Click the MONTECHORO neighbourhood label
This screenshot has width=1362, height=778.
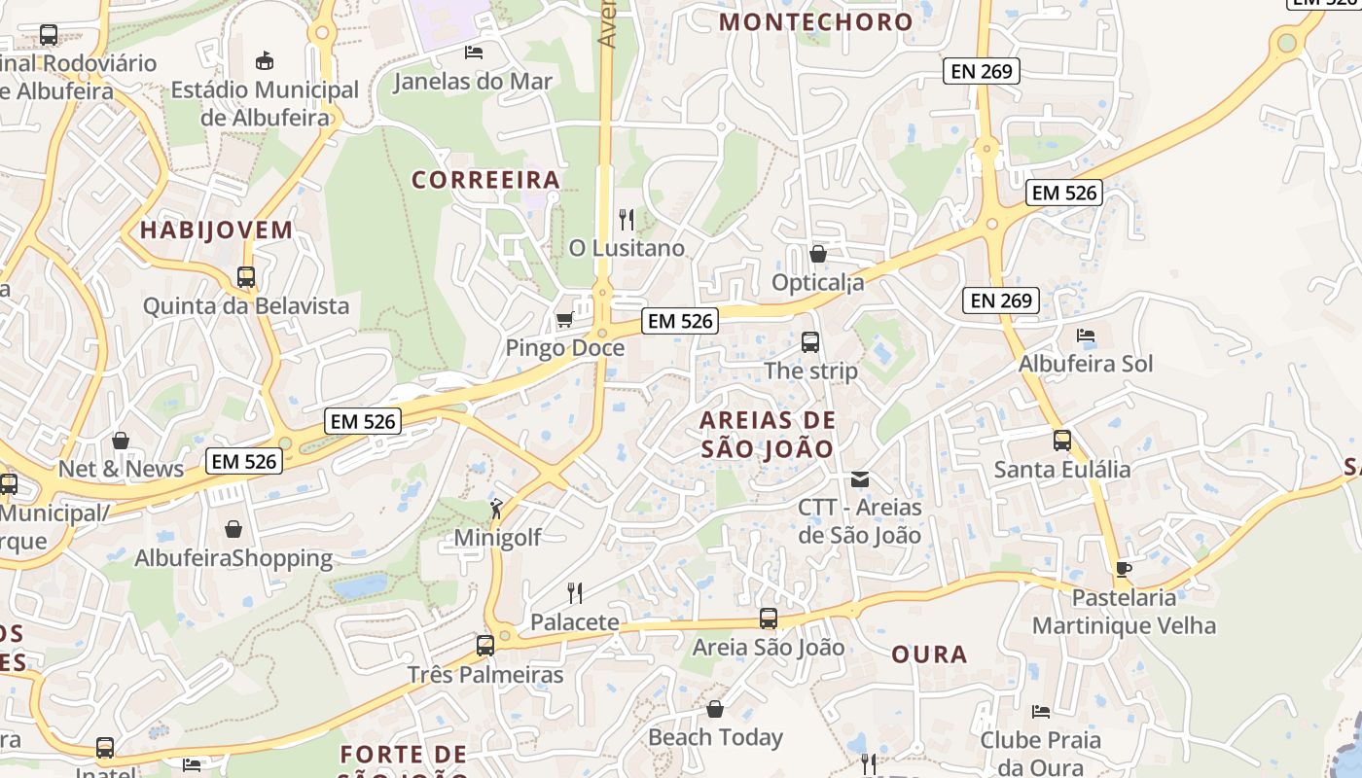[x=816, y=21]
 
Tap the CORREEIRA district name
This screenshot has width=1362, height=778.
[x=485, y=180]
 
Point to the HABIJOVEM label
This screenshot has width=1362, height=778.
[x=216, y=230]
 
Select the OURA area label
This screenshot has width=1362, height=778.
[x=929, y=654]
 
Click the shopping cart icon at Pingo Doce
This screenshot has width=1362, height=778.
[x=564, y=319]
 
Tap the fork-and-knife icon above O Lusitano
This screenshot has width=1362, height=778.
[x=627, y=220]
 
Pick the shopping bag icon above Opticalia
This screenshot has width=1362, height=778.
[x=818, y=254]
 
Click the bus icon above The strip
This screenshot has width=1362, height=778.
[x=810, y=342]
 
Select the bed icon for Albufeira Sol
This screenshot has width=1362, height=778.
[x=1086, y=336]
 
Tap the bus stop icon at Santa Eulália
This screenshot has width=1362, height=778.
[x=1062, y=441]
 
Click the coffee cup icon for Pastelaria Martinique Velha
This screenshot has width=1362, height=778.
[x=1124, y=569]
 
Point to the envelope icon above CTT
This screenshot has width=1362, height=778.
[x=860, y=478]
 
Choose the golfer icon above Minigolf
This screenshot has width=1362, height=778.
[x=497, y=509]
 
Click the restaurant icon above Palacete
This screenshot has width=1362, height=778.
[x=575, y=592]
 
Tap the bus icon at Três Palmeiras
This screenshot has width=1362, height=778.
[x=485, y=645]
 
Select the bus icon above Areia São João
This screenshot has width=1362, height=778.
[x=769, y=619]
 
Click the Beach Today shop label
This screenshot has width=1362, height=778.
[x=715, y=737]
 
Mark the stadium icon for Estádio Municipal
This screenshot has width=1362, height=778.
[x=265, y=61]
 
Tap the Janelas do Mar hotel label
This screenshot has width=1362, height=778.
[x=473, y=82]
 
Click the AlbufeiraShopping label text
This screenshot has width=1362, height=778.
[x=233, y=558]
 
